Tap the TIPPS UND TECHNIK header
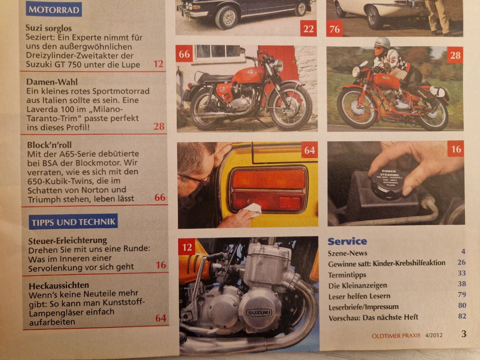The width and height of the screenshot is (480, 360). tap(73, 221)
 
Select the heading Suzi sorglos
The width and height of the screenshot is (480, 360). tap(49, 28)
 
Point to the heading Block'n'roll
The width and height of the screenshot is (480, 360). tap(49, 145)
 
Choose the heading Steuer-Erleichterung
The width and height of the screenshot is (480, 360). tap(68, 240)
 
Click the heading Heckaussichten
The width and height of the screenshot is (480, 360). tap(59, 285)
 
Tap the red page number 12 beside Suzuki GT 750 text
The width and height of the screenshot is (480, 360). tap(158, 64)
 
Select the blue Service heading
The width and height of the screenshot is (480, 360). tap(347, 241)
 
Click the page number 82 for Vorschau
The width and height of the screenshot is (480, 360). tap(462, 316)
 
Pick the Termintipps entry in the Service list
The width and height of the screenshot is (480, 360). tap(347, 275)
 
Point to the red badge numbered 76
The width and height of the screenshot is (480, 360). tap(334, 29)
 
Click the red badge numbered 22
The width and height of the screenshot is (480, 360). tap(309, 29)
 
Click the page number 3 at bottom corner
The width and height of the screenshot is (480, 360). tap(464, 334)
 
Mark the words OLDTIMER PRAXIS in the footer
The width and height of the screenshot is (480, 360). tap(396, 335)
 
